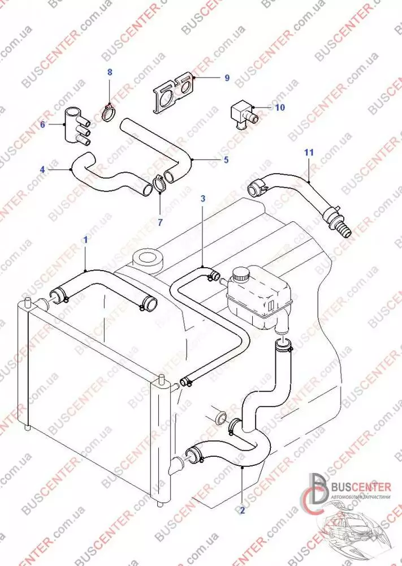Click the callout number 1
(x=85, y=239)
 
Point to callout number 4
(x=43, y=169)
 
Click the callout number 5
(x=226, y=160)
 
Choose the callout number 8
(x=110, y=72)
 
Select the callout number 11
(x=308, y=152)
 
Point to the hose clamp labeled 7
(x=159, y=184)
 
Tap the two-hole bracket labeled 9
(x=173, y=94)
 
